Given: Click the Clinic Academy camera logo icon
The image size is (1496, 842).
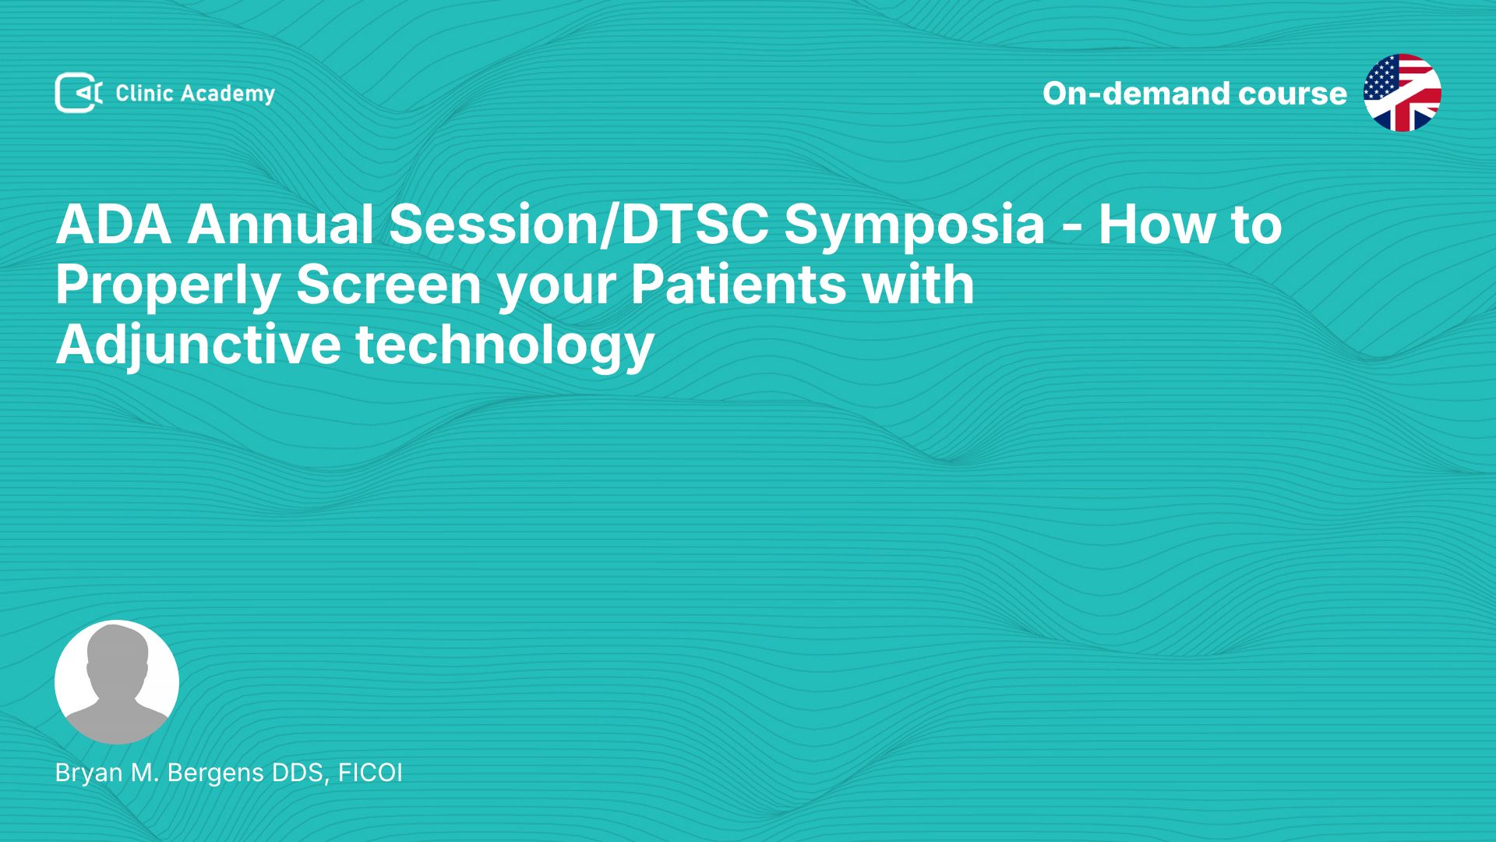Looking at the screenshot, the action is (79, 93).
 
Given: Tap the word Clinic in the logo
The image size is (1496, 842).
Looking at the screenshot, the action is (144, 94).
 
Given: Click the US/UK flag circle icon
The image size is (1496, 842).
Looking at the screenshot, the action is (1402, 93).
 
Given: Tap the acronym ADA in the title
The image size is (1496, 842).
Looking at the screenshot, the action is (114, 225).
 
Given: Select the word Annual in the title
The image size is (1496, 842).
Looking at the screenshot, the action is (280, 225).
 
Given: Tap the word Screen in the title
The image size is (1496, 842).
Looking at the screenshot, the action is (389, 285).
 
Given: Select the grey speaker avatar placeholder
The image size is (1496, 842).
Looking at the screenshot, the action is (117, 682).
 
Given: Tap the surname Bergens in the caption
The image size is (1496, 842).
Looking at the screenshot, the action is (216, 773).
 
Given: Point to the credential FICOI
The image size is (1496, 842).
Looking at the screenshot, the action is (370, 773).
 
